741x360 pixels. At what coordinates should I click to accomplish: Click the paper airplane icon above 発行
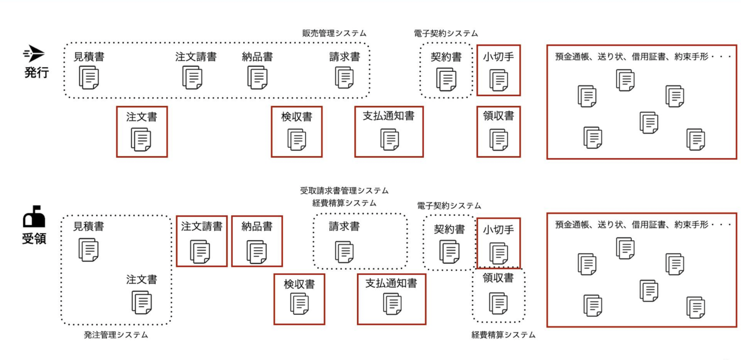click(x=34, y=54)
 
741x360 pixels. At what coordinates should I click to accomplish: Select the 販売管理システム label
click(x=334, y=34)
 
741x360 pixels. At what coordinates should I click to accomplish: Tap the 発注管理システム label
click(x=116, y=335)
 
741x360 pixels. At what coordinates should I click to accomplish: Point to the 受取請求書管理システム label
click(x=344, y=190)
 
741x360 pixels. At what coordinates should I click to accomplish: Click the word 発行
click(x=35, y=73)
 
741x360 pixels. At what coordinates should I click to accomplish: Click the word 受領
click(x=35, y=238)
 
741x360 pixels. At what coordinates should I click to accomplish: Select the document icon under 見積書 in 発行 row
click(x=89, y=77)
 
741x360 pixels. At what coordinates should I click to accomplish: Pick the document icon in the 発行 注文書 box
click(x=142, y=139)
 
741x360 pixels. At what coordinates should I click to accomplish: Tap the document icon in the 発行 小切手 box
click(x=498, y=79)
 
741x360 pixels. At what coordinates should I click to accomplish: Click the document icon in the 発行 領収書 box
click(x=498, y=139)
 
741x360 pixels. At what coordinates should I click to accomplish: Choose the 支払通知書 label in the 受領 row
click(x=391, y=284)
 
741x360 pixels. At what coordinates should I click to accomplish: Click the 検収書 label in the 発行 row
click(x=296, y=116)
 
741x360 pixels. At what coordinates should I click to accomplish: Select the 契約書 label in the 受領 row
click(x=449, y=229)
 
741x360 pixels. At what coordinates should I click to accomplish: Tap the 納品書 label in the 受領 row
click(x=257, y=226)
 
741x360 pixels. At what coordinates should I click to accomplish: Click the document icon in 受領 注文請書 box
click(x=201, y=251)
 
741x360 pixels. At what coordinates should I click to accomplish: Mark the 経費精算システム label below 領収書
click(x=503, y=335)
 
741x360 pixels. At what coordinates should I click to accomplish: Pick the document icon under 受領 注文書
click(x=142, y=302)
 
